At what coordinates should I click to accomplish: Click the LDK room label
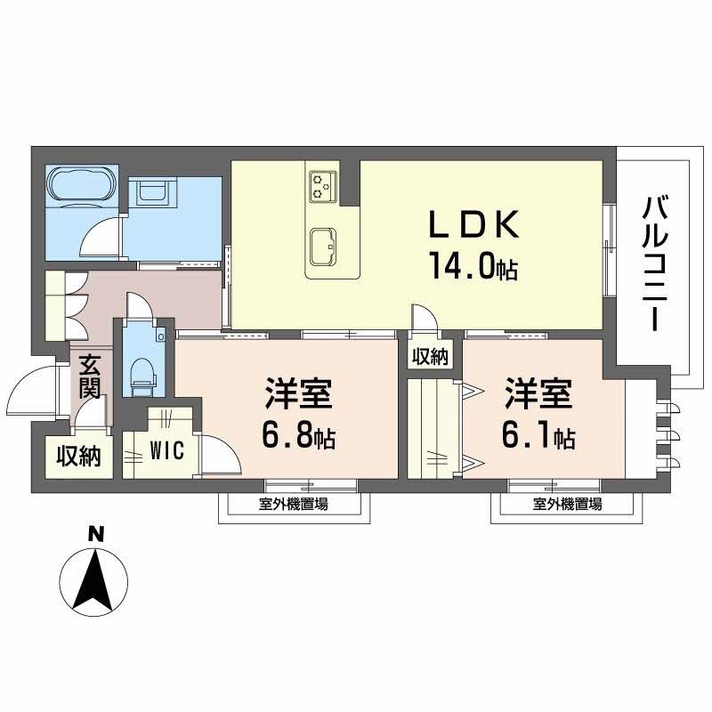[474, 225]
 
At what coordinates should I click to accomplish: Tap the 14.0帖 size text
[474, 267]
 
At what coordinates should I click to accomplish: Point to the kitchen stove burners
[321, 186]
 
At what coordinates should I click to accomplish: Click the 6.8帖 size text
[298, 436]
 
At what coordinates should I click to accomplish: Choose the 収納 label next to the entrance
[78, 456]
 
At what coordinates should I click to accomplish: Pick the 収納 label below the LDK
[430, 357]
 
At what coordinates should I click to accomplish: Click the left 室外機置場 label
[294, 505]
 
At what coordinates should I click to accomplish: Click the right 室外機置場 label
[568, 505]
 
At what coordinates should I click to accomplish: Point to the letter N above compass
[96, 535]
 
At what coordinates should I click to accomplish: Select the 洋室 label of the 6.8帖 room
[298, 393]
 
